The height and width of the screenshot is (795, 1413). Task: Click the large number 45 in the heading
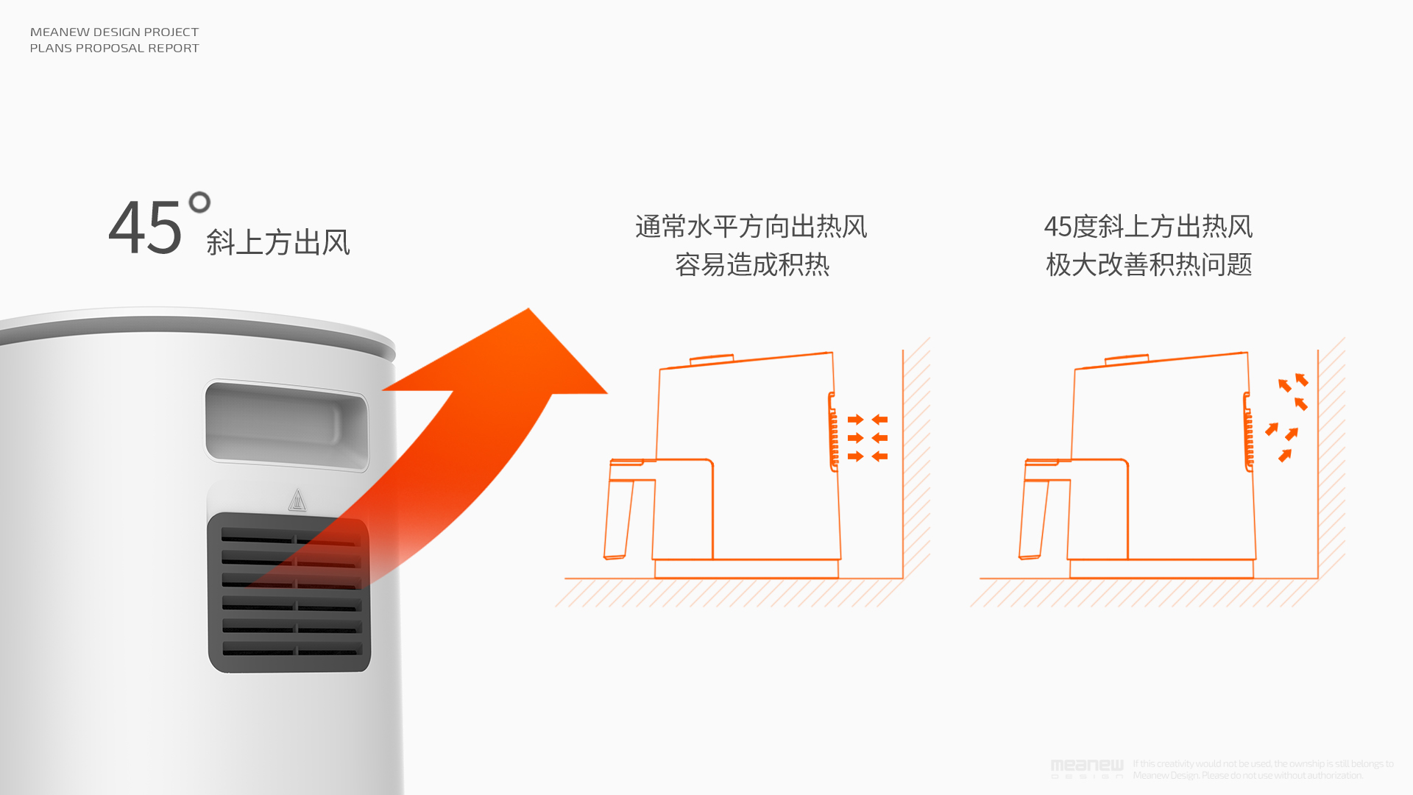point(145,227)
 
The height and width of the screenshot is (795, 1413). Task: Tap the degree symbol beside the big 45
point(199,202)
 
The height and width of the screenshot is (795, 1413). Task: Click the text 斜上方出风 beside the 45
point(278,242)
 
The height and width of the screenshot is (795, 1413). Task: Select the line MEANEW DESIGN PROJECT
point(114,32)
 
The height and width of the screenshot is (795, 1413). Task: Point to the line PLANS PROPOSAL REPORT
point(114,48)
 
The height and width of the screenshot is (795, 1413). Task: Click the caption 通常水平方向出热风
point(751,226)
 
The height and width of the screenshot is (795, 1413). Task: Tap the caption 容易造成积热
point(751,264)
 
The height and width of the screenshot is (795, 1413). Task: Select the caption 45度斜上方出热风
point(1148,226)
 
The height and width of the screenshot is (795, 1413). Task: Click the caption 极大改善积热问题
point(1148,264)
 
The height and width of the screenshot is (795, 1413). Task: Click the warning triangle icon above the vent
point(297,500)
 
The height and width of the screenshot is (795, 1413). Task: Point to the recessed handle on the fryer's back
point(286,425)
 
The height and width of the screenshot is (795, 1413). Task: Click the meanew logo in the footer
point(1087,768)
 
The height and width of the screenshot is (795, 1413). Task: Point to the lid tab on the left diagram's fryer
point(711,359)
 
